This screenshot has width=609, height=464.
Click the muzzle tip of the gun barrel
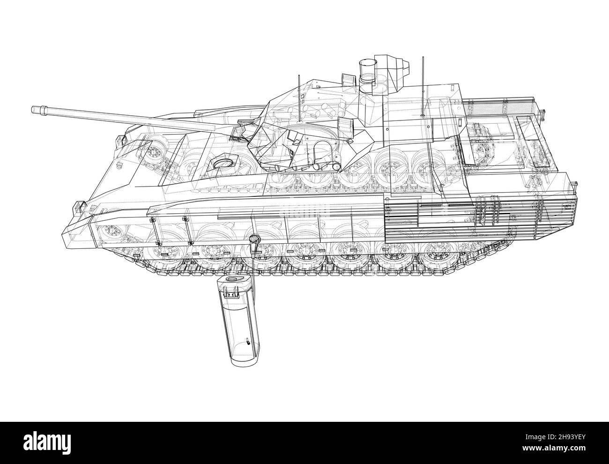click(x=33, y=109)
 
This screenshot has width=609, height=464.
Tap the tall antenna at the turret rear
click(x=423, y=86)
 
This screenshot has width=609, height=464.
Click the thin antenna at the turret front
click(x=299, y=98)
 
